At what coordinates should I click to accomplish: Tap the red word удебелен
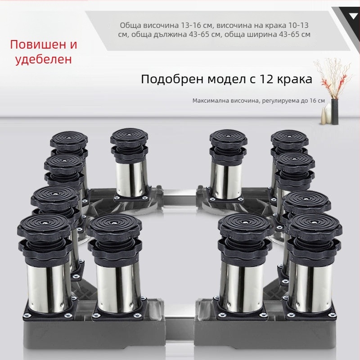44,59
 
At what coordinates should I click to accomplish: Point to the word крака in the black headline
295,80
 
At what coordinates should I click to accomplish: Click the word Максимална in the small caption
210,100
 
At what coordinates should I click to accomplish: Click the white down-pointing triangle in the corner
353,16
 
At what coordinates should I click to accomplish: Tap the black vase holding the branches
335,112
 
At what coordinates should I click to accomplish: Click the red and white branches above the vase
333,78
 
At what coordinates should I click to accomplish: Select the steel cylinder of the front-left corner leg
49,288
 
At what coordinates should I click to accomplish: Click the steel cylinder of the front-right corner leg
310,287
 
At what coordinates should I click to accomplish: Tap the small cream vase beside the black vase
324,116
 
